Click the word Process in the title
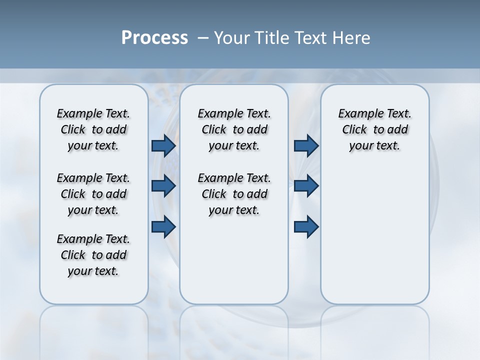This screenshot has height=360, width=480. [x=154, y=38]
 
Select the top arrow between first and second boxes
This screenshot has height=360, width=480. [x=163, y=145]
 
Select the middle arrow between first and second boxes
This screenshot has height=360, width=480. [x=163, y=186]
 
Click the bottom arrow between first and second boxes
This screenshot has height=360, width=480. [x=163, y=226]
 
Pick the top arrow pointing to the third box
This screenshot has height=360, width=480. [x=306, y=145]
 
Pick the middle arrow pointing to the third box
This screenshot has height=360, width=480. [x=306, y=186]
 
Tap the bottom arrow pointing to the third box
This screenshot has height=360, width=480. [x=306, y=226]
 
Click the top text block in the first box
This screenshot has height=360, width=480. [x=93, y=129]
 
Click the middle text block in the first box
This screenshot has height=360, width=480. [x=93, y=194]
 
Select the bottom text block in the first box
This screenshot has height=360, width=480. [x=93, y=255]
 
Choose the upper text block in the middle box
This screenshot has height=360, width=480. [x=234, y=129]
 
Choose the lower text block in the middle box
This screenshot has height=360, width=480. [x=234, y=194]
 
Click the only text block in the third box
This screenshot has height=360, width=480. [x=375, y=129]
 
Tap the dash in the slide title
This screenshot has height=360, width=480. [x=203, y=38]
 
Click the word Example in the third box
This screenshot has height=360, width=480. [x=357, y=113]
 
